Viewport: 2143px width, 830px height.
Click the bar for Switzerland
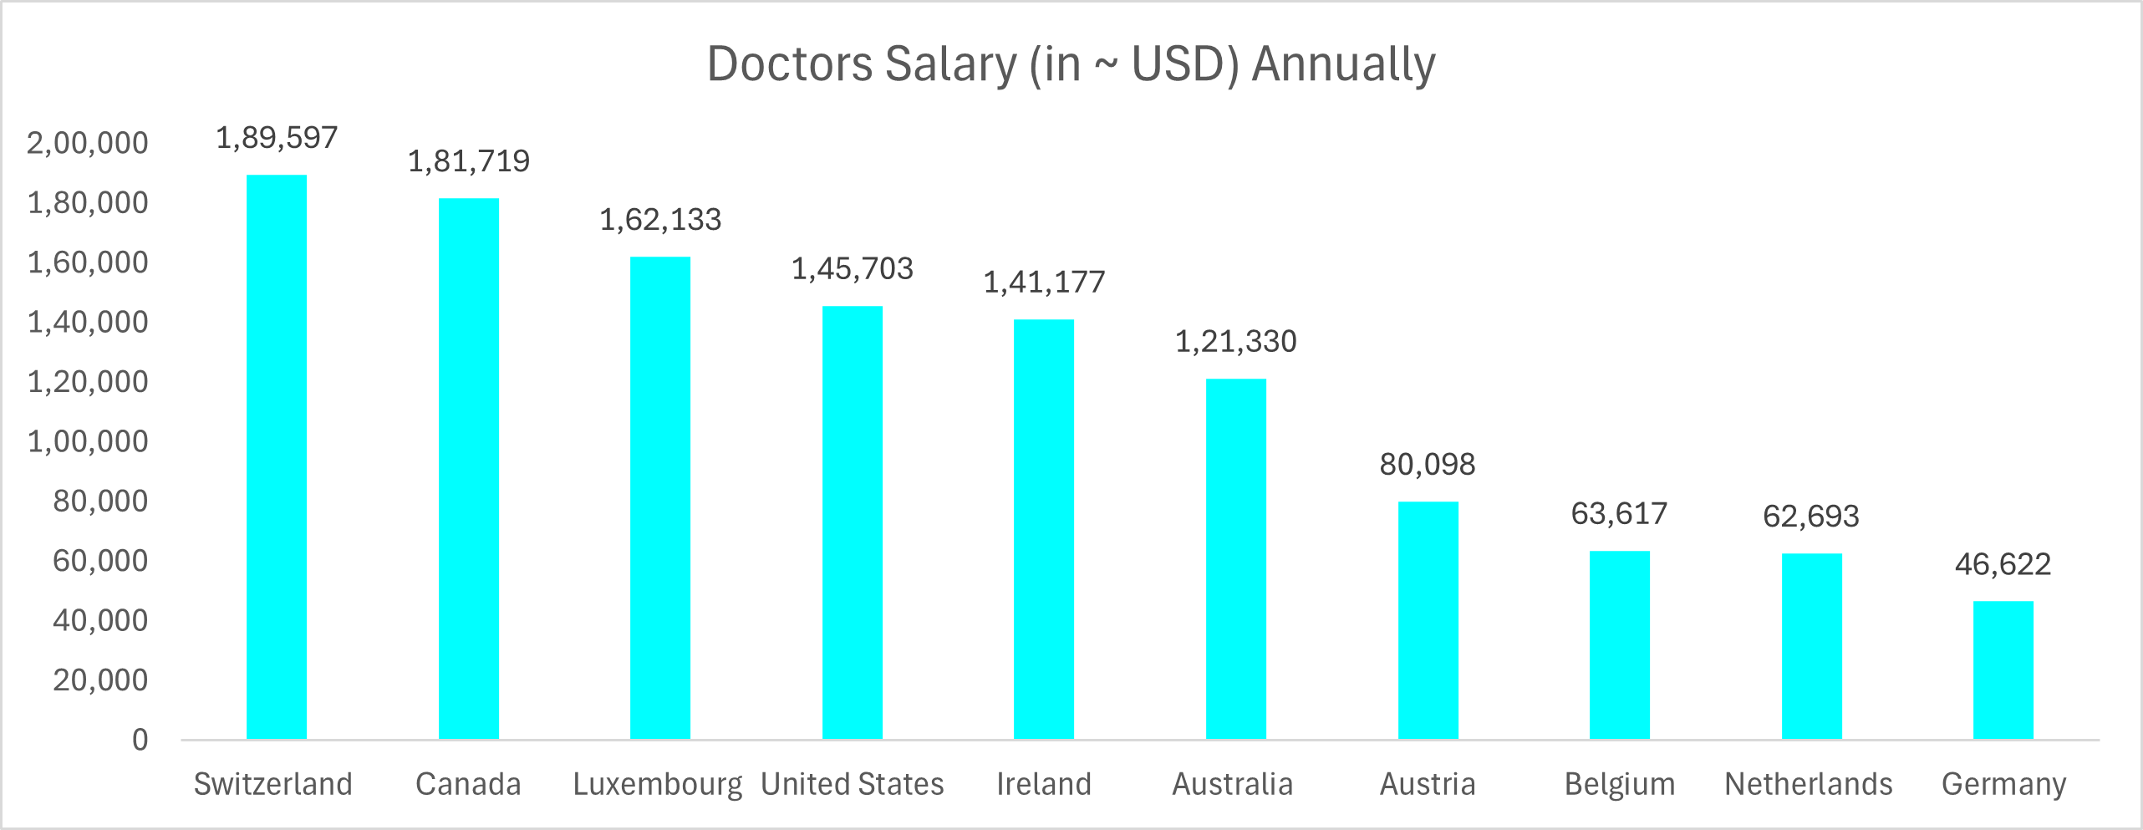(277, 457)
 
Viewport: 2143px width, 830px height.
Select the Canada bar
(469, 469)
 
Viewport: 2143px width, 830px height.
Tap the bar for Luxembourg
(660, 498)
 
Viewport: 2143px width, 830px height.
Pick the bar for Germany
(2003, 670)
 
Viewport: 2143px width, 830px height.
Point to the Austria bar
(1428, 620)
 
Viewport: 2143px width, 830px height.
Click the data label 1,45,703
(852, 269)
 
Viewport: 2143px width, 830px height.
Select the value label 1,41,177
(1044, 283)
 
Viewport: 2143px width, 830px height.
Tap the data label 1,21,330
(1235, 342)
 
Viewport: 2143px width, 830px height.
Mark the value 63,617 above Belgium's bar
(1619, 514)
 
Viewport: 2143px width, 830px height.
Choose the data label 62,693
(1811, 517)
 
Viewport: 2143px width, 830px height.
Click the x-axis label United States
(852, 784)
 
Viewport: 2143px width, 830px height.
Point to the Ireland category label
(1044, 784)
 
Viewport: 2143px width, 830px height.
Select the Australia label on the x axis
(1232, 784)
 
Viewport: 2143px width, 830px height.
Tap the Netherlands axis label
(1809, 784)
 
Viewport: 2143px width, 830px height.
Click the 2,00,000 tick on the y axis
(88, 143)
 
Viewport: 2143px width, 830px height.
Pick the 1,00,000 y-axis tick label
(88, 441)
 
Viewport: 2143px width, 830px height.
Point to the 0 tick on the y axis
(140, 740)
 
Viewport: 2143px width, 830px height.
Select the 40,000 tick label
(100, 620)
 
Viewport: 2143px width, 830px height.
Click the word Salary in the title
(950, 64)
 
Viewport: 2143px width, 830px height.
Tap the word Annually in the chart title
(1343, 64)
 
